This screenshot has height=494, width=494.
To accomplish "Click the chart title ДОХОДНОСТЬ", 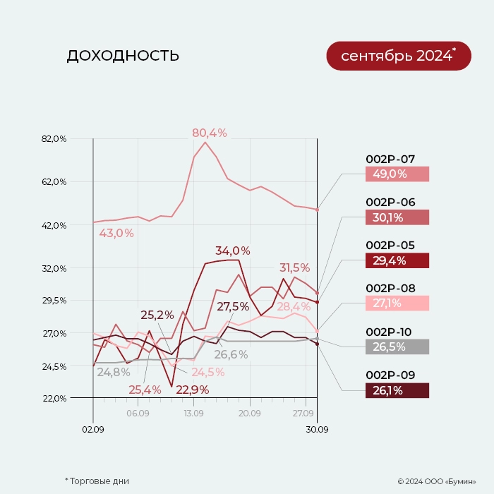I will pos(123,56).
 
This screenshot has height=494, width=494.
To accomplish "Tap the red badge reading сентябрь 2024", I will pos(398,56).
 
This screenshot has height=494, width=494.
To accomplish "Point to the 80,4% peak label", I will pos(210,133).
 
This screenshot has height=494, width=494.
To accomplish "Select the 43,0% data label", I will pos(116,233).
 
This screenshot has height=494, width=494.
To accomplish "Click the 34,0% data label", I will pos(233,251).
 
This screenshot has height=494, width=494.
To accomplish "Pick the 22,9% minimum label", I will pos(193,390).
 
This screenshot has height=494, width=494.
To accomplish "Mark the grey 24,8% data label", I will pos(114,372).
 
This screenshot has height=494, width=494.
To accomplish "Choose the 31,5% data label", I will pos(295,267).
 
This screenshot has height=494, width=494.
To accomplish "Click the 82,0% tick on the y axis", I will pos(54,139).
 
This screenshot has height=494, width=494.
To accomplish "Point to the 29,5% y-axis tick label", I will pos(54,301).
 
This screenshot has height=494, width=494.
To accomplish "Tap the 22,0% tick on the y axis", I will pos(54,398).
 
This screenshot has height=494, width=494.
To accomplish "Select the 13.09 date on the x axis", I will pos(193,414).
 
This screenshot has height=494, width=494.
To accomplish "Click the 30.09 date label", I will pos(317,428).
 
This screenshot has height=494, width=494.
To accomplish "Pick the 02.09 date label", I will pos(93,428).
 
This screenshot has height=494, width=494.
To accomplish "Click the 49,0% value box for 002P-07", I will pos(397,174).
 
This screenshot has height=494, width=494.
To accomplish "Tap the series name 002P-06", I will pos(390,203).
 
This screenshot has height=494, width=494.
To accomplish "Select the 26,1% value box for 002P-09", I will pos(397,390).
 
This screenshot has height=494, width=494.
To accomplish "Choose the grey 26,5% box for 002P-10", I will pos(397,347).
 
